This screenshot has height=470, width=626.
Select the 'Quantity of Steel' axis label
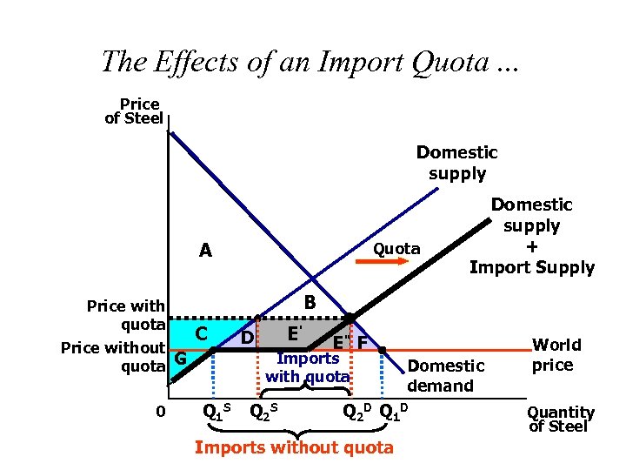coord(561,419)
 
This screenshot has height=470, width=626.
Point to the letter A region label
coord(205,252)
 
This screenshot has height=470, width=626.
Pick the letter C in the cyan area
coord(201,333)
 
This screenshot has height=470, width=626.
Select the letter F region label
coord(363,344)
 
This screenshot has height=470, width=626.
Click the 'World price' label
coord(552,354)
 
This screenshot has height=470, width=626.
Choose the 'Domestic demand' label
coord(446,375)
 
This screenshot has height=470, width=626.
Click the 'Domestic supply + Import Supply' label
coord(531,236)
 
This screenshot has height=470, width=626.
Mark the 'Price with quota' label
coord(125,314)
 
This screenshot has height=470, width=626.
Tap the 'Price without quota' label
coord(113,357)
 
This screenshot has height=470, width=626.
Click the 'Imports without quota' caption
coord(294,448)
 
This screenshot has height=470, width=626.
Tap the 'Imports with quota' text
coord(308,367)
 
